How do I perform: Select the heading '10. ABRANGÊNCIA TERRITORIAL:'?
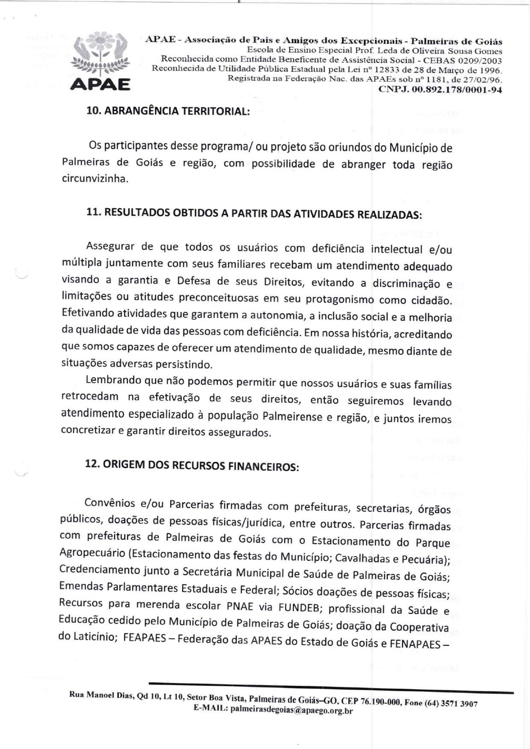pyautogui.click(x=168, y=111)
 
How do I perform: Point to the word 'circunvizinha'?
pyautogui.click(x=94, y=178)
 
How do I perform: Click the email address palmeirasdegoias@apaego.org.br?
pyautogui.click(x=291, y=710)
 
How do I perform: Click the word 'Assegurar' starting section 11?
pyautogui.click(x=110, y=246)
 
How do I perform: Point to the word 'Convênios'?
pyautogui.click(x=109, y=503)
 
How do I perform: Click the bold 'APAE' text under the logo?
pyautogui.click(x=100, y=84)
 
